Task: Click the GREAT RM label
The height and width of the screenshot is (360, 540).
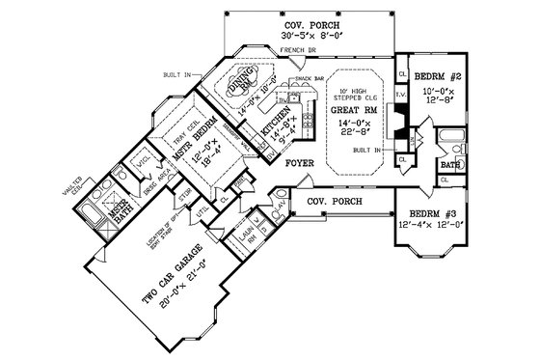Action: click(x=349, y=109)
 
